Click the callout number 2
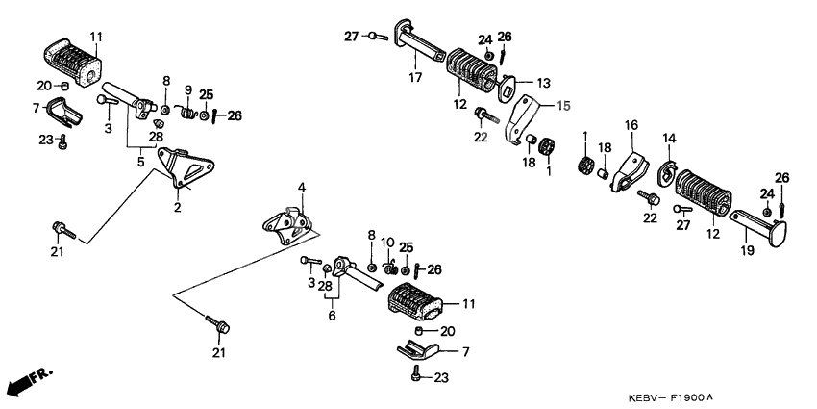pyautogui.click(x=177, y=207)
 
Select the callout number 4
pyautogui.click(x=300, y=187)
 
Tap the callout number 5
pyautogui.click(x=140, y=163)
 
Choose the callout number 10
pyautogui.click(x=388, y=242)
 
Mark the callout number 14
pyautogui.click(x=669, y=139)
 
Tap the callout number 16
pyautogui.click(x=631, y=125)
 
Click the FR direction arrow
pyautogui.click(x=27, y=383)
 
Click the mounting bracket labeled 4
pyautogui.click(x=289, y=225)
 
